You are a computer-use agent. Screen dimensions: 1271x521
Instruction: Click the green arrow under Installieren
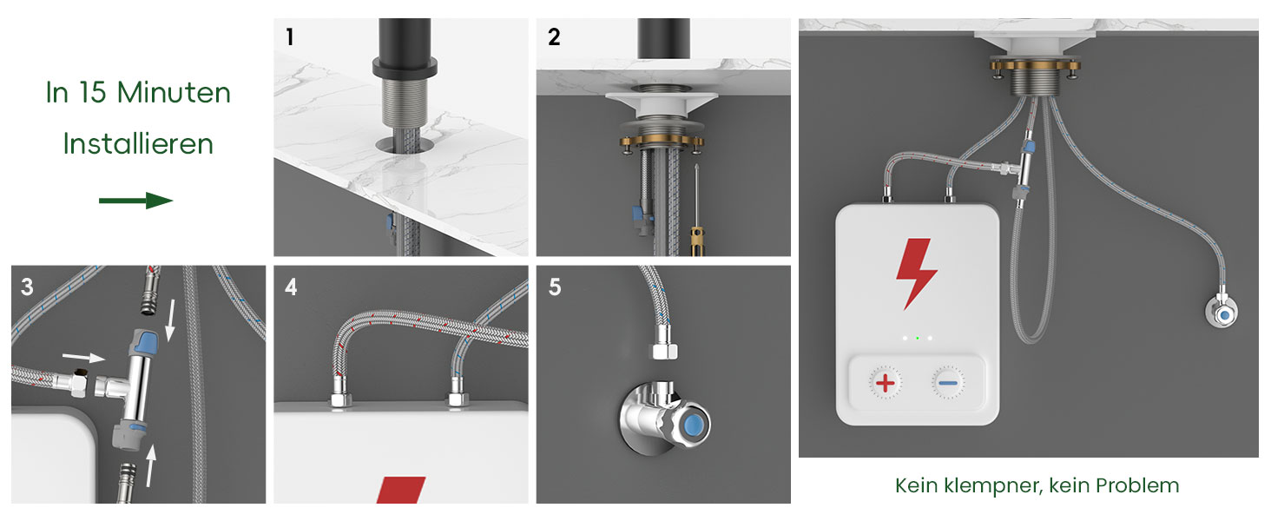135,201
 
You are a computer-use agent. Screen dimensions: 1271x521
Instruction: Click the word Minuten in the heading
174,92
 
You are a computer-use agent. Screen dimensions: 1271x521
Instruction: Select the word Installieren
138,143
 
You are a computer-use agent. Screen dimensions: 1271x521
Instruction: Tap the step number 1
290,36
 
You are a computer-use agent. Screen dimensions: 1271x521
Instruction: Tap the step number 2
555,36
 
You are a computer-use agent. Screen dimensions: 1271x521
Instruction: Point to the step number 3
27,287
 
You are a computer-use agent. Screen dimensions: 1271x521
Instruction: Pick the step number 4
291,287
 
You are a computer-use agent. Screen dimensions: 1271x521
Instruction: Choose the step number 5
555,287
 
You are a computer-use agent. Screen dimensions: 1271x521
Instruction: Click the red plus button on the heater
886,383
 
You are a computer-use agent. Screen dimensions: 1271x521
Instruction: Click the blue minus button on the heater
947,383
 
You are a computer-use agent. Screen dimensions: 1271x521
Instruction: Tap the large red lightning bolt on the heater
916,274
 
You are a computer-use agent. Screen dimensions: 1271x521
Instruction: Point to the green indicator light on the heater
918,339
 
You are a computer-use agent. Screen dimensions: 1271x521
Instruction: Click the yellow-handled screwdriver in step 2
696,210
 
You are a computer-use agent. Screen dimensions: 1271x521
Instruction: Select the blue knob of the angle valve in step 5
692,424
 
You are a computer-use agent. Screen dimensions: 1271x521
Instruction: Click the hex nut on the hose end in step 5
663,349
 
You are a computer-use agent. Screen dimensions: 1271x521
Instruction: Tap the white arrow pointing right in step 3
83,357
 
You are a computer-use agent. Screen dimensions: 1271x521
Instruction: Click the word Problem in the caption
1137,485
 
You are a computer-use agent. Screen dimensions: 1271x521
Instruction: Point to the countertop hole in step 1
405,145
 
